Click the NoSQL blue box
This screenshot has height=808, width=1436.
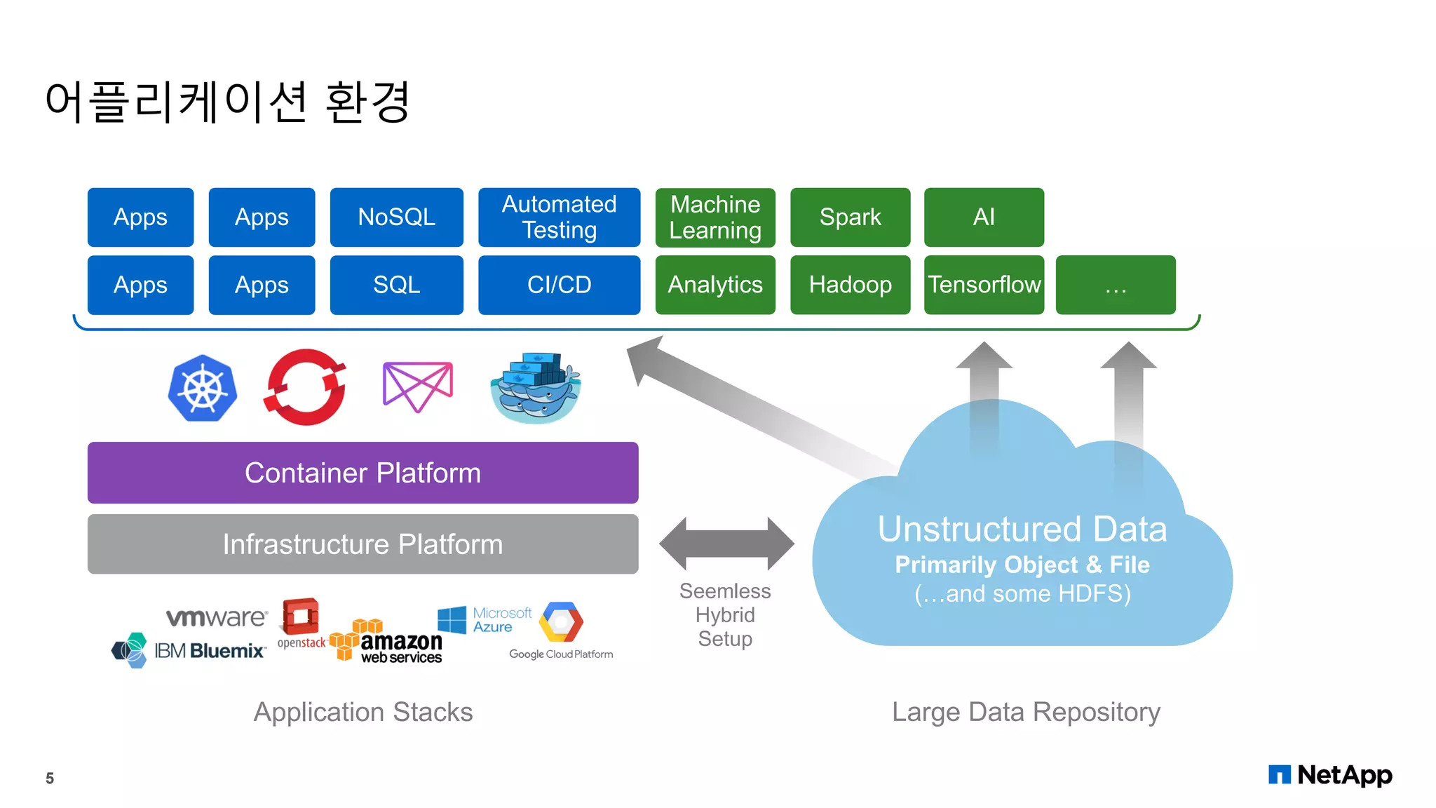(x=396, y=217)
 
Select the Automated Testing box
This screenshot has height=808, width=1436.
(x=559, y=217)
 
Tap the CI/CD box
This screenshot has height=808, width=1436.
(x=559, y=285)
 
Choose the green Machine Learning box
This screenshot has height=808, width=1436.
(x=714, y=217)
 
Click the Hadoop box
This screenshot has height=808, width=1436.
(x=850, y=285)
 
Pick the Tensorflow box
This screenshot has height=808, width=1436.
(x=984, y=285)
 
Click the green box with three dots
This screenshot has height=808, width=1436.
(x=1115, y=285)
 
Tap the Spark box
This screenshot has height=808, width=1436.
(x=850, y=217)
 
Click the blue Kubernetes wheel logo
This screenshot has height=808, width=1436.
(x=203, y=388)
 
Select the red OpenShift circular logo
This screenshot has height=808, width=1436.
(x=305, y=387)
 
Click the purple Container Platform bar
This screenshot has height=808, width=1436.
(x=363, y=473)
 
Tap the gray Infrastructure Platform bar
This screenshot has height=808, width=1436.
(x=363, y=544)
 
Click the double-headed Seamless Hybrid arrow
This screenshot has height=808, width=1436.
(x=726, y=544)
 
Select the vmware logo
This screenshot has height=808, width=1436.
(x=217, y=617)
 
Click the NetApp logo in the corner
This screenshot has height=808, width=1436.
(x=1330, y=775)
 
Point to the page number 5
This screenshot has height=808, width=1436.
(x=50, y=778)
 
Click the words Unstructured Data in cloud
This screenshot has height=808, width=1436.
(x=1022, y=529)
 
